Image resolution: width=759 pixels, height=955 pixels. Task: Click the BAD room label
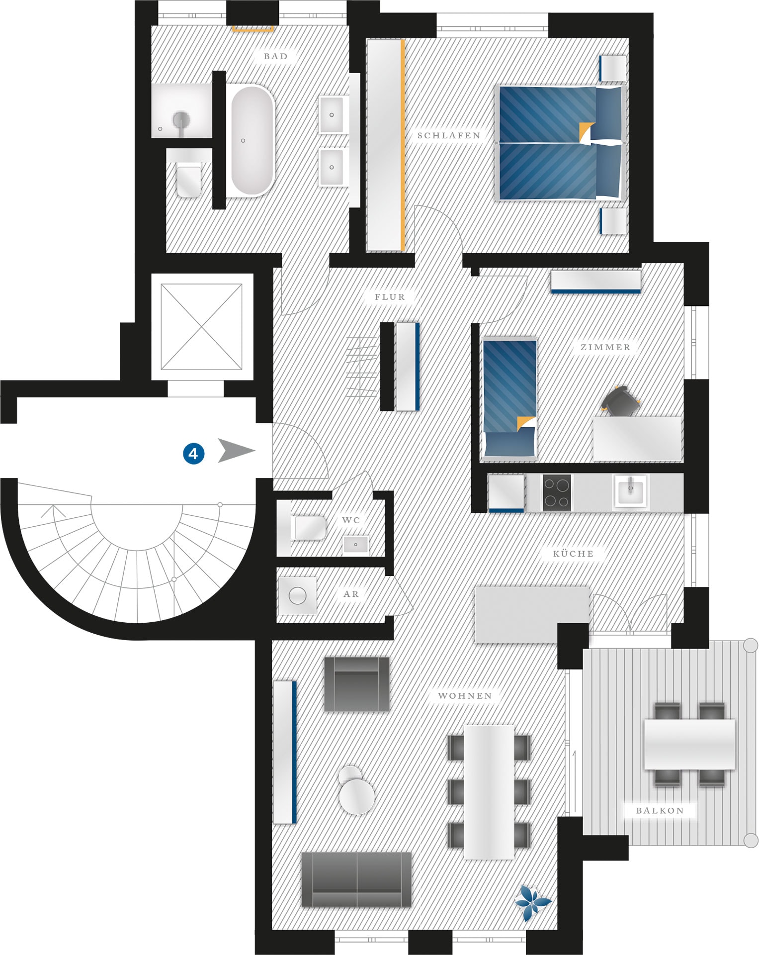point(276,56)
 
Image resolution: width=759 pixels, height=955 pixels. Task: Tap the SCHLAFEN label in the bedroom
point(449,135)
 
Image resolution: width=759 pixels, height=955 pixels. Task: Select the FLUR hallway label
point(390,297)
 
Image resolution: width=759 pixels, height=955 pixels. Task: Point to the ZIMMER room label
point(605,347)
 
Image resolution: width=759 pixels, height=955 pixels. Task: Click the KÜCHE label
point(573,554)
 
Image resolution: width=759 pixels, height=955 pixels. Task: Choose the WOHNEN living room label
point(465,696)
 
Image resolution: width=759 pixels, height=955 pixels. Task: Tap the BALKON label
point(660,810)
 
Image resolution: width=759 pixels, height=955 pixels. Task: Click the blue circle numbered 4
point(193,453)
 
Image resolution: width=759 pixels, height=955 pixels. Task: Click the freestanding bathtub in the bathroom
point(253,141)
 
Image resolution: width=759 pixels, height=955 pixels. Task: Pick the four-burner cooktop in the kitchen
point(557,493)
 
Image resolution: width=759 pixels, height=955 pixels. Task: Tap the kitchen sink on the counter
point(631,491)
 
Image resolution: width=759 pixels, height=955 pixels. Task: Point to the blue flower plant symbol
point(532,902)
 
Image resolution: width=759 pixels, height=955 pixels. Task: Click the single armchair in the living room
point(356,684)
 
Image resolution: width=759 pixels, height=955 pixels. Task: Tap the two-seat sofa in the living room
point(357,880)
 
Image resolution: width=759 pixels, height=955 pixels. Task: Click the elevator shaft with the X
point(202,327)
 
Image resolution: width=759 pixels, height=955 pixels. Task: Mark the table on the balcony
point(689,744)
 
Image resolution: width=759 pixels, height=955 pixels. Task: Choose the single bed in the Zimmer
point(509,398)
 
